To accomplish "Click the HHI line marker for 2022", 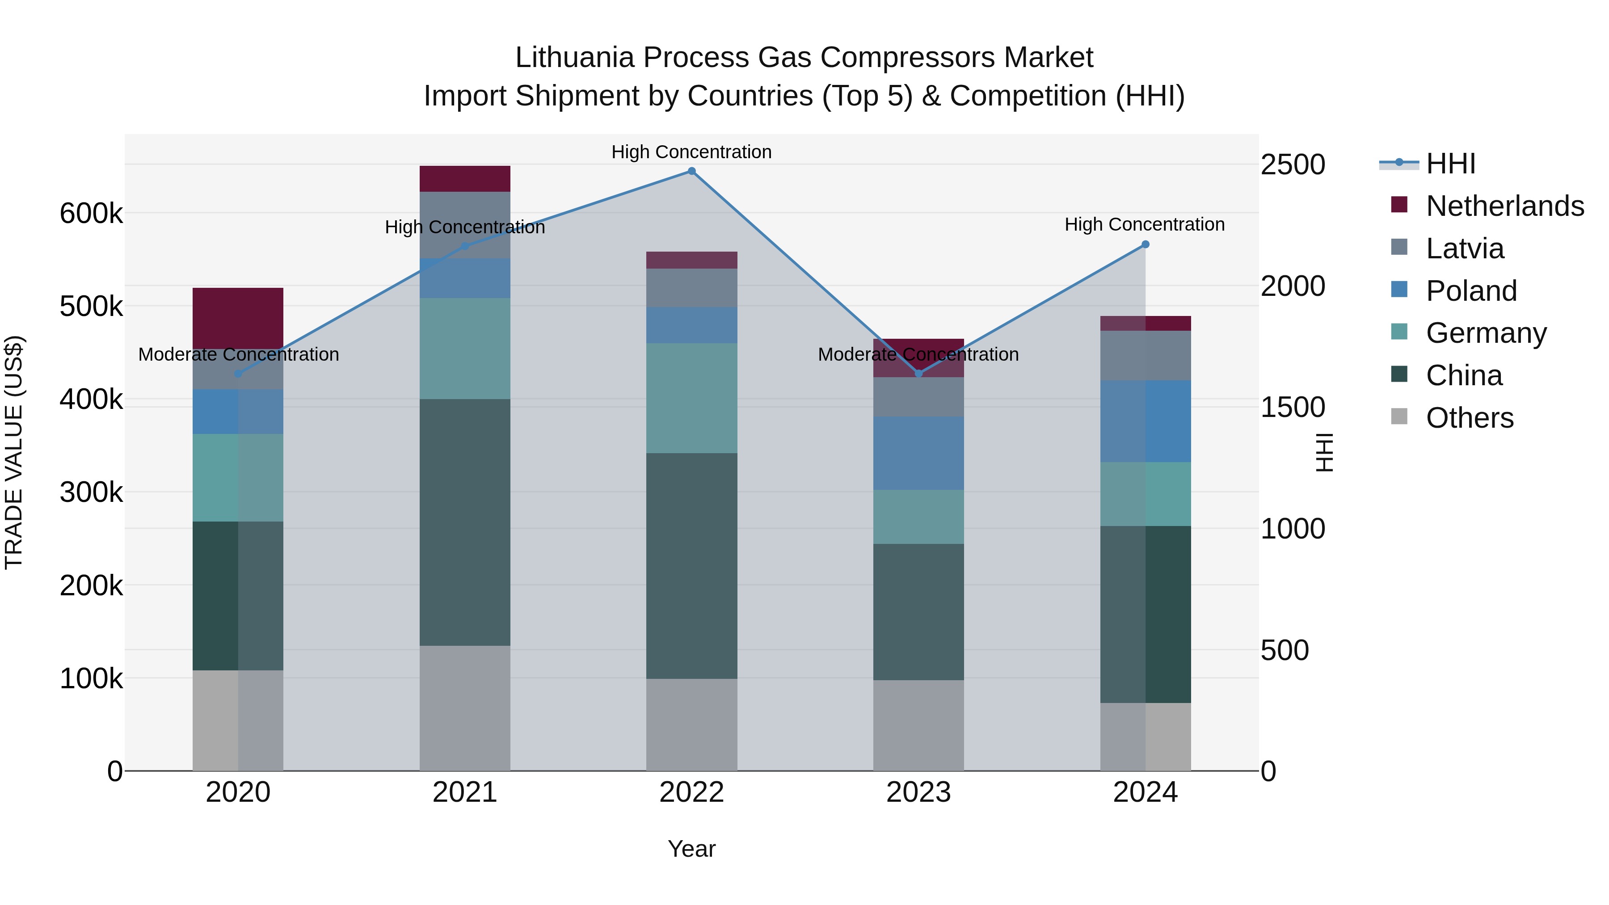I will click(691, 171).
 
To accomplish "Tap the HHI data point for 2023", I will click(918, 374).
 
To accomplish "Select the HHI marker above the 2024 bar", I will click(1145, 245).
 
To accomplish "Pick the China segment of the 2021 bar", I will click(465, 522).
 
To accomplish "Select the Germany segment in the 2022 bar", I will click(691, 398).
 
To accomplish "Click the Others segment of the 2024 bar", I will click(1145, 737).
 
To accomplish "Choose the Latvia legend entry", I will click(1464, 248).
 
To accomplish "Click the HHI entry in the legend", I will click(1450, 164).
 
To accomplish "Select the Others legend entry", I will click(1469, 418).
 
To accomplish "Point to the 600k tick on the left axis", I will click(91, 214).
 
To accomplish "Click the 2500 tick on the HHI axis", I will click(1292, 165).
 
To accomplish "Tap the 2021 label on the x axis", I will click(465, 792).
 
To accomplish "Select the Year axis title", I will click(691, 849).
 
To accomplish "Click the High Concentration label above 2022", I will click(691, 152).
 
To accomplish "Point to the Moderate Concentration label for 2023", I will click(918, 354).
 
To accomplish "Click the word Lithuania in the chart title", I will click(573, 58).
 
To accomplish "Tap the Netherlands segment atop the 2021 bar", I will click(465, 179).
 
